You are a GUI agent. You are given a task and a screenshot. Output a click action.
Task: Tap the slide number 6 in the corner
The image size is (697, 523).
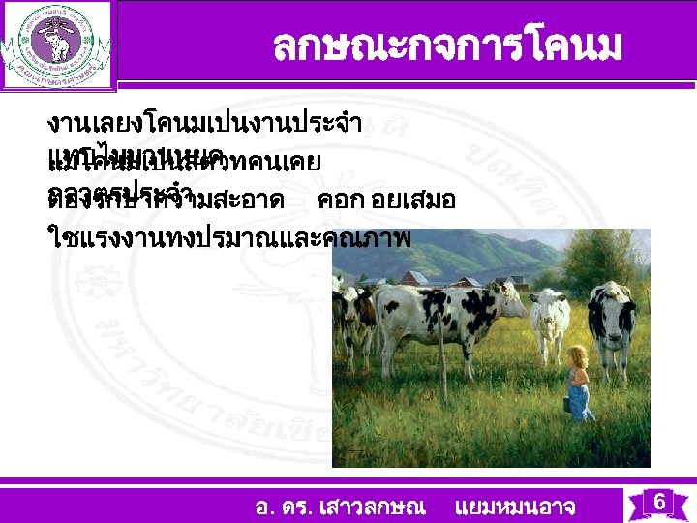coord(658,502)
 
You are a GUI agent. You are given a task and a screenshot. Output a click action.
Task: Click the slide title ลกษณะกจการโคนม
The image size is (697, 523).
coord(446,45)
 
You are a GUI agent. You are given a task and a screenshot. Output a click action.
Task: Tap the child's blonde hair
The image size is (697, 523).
coord(578,355)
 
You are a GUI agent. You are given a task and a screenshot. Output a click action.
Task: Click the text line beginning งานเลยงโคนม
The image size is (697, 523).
coord(204,123)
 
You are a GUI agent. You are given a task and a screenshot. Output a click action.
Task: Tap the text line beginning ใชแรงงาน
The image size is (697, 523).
coord(228,235)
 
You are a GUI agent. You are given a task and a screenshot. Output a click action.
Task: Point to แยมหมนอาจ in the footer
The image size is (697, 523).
coord(514,506)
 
